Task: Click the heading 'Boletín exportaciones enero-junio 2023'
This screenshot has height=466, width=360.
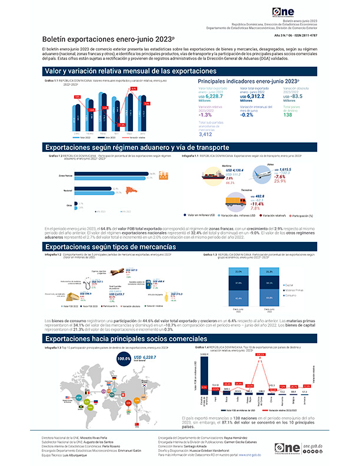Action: pos(91,37)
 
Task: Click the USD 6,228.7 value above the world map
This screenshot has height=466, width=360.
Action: pos(147,357)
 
